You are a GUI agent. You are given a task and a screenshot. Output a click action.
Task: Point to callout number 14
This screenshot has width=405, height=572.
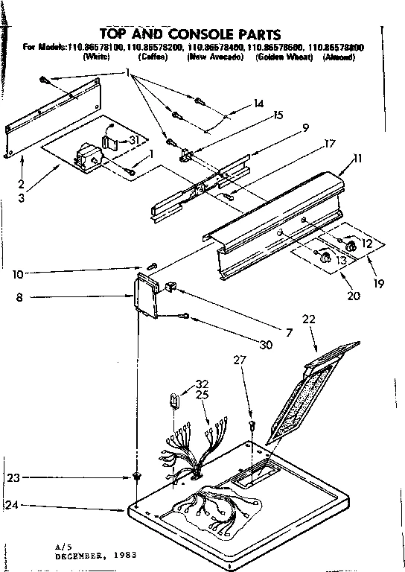[x=258, y=104]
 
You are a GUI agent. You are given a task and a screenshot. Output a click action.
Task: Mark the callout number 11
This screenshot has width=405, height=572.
[x=357, y=159]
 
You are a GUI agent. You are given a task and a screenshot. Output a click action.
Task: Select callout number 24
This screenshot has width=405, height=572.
[x=12, y=505]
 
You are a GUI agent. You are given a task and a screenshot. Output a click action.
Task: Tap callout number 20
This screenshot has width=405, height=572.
[x=353, y=296]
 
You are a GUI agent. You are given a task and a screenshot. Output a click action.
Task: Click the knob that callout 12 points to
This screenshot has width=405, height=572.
[x=347, y=244]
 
